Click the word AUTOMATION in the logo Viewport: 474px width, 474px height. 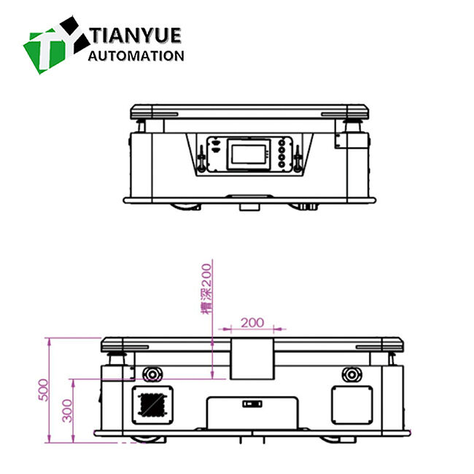136,55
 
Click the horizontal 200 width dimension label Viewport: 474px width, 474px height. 252,322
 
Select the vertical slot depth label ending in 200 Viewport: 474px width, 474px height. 206,289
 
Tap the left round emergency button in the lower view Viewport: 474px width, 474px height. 152,374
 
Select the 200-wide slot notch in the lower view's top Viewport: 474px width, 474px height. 252,357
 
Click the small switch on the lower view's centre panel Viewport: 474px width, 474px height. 252,403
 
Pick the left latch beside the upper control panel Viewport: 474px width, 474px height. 199,156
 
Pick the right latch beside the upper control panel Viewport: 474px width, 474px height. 298,156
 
